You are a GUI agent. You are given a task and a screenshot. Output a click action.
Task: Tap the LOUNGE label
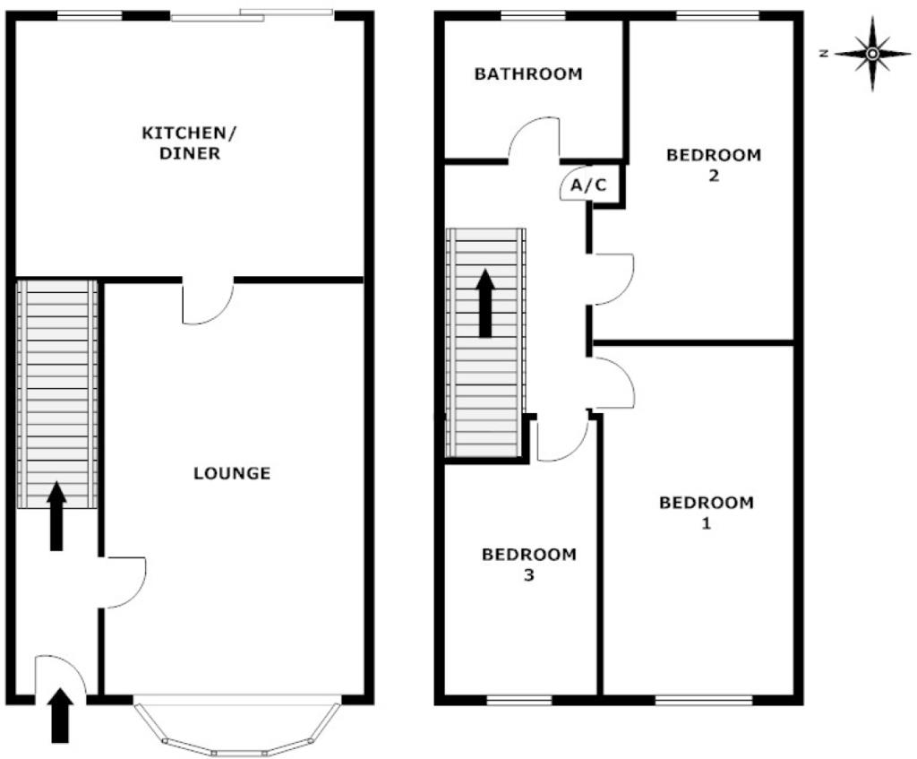click(x=232, y=473)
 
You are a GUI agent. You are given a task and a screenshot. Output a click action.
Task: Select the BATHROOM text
click(x=528, y=74)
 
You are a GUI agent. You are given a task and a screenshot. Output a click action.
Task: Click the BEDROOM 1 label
click(x=707, y=513)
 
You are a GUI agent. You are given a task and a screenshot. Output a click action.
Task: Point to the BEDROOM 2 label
click(x=713, y=165)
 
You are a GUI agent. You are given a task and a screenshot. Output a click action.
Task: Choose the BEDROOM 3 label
click(x=528, y=565)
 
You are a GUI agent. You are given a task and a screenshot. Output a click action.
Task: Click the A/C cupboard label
click(x=588, y=185)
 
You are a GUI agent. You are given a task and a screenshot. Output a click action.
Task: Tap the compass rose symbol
click(x=872, y=54)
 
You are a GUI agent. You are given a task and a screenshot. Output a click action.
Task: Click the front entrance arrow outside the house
click(x=60, y=714)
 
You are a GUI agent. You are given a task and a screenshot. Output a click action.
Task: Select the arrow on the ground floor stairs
click(x=56, y=515)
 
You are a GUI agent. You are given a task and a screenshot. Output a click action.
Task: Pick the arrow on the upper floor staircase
click(x=485, y=303)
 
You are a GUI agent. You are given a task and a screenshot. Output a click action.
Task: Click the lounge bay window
click(x=237, y=726)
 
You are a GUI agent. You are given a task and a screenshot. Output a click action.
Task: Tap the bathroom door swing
click(x=535, y=142)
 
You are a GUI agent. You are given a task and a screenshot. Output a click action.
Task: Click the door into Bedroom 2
click(x=613, y=279)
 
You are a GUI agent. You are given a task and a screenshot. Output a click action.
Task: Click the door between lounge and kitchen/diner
click(x=208, y=302)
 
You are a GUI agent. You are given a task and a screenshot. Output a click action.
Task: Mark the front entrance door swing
click(x=59, y=676)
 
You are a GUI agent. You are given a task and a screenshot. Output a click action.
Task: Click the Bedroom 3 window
click(x=518, y=699)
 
